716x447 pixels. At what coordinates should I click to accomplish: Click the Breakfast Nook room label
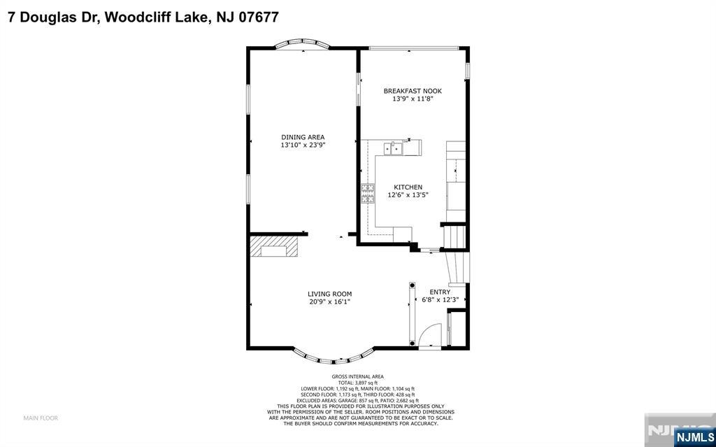413,91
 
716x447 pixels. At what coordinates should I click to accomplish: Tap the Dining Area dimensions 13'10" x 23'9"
303,145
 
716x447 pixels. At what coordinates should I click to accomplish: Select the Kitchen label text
408,187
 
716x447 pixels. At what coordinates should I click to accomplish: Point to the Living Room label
330,294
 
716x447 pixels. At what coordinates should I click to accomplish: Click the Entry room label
440,292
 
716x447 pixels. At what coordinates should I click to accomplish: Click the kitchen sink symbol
393,148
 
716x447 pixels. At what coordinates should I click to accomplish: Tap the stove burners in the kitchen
368,193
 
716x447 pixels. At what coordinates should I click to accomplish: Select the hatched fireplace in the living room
274,246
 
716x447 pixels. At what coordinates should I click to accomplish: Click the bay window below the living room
334,359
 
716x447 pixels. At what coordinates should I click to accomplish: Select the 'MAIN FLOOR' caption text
41,418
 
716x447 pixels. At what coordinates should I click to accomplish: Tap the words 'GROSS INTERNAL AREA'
360,376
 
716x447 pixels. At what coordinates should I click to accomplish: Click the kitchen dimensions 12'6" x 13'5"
408,195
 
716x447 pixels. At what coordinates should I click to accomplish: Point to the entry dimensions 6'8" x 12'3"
440,300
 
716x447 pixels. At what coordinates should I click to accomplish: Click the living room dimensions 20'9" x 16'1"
330,301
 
